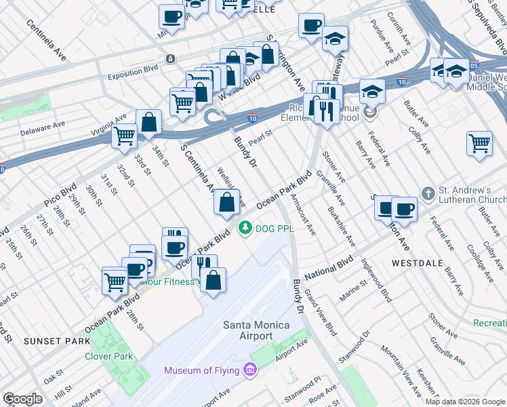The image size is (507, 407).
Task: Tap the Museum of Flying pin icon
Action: [x=250, y=370]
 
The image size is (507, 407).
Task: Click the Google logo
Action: [x=22, y=399]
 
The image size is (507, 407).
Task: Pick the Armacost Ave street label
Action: [x=302, y=215]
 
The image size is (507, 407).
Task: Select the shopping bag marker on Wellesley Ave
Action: [x=226, y=203]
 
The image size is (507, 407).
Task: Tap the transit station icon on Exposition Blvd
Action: [x=169, y=59]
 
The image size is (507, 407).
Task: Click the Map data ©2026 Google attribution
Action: [x=465, y=402]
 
